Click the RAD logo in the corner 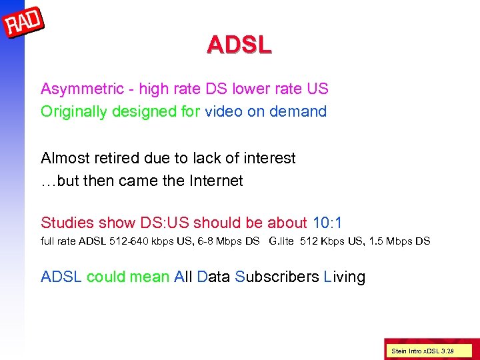click(x=24, y=24)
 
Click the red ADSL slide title click(x=239, y=45)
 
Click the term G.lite click(x=281, y=241)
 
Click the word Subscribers click(x=277, y=277)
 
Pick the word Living click(x=345, y=277)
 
